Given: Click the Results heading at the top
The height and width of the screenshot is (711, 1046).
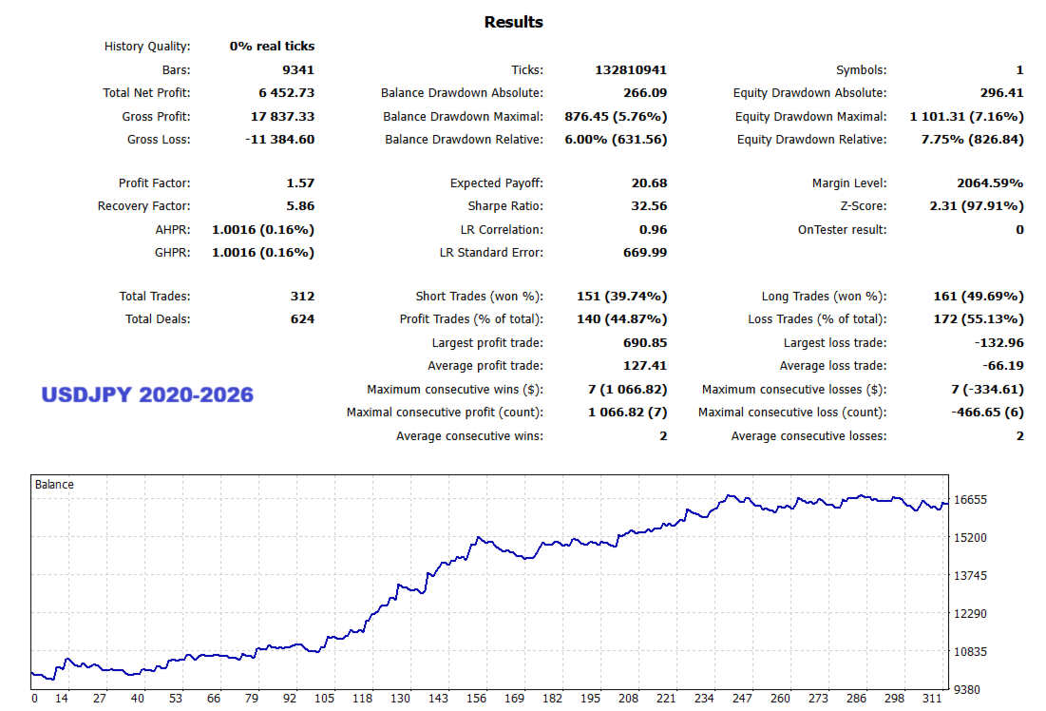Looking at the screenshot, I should pos(513,22).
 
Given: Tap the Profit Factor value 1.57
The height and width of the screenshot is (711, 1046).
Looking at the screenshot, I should pos(300,183).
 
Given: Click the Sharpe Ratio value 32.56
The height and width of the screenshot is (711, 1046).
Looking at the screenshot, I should pos(649,206).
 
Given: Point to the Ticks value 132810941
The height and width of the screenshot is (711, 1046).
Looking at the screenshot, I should pos(631,70).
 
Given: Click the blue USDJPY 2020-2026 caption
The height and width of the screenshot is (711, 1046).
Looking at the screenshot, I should pos(147,394).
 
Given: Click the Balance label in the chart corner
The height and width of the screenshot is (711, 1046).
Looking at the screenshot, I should pos(54,485).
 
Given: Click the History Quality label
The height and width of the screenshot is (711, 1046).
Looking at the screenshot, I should pos(147,47).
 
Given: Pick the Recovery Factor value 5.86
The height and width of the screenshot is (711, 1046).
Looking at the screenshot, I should pos(300,206).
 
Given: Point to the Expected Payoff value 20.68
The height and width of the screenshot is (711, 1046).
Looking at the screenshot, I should pos(649,183).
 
